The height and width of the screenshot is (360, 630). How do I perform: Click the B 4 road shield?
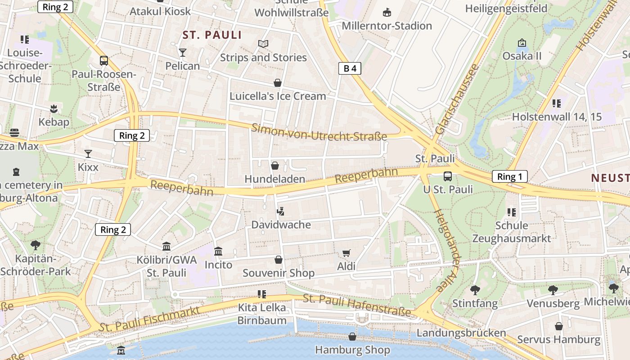point(350,68)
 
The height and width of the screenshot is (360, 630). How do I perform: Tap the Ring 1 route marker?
point(509,176)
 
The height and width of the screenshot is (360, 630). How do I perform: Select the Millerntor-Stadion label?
point(387,26)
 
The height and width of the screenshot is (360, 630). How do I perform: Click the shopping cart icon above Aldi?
point(346,253)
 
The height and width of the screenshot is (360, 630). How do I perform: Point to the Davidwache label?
point(281,224)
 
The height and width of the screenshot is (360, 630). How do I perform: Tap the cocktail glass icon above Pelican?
point(182,53)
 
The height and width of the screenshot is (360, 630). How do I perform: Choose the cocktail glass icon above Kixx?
point(88,154)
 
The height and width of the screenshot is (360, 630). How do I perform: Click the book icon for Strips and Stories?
point(263,44)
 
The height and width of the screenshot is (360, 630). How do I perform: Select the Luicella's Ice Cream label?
point(278,96)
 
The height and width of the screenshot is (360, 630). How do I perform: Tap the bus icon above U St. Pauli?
point(447,176)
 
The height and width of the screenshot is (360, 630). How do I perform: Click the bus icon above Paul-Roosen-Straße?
point(104,60)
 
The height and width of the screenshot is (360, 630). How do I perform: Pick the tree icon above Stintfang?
point(475,290)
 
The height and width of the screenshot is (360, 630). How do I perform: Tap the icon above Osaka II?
point(522,43)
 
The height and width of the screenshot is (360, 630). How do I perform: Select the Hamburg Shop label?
point(352,350)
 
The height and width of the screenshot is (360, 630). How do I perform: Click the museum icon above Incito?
point(218,251)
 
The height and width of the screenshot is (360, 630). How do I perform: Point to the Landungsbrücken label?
point(461,333)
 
